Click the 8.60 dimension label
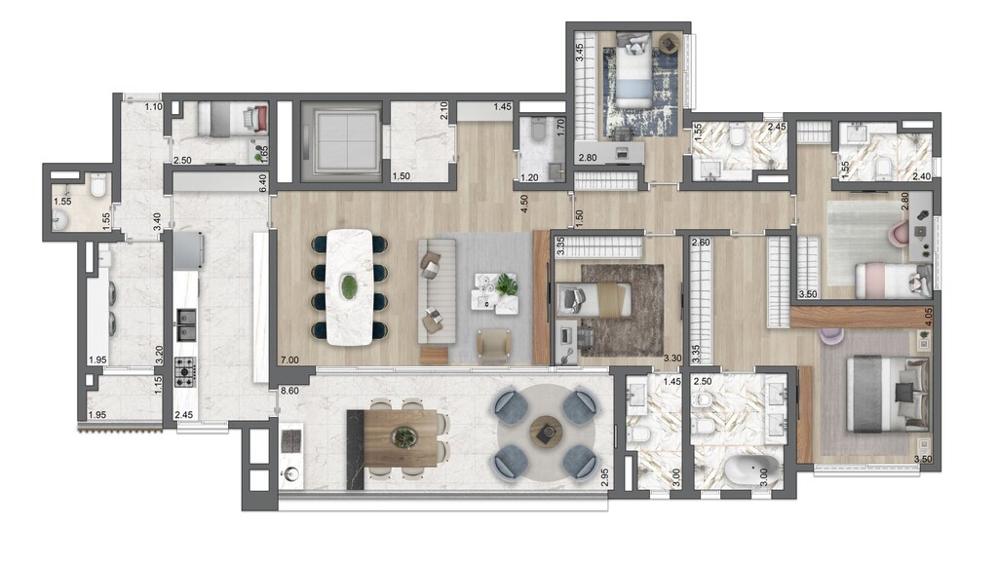click(x=290, y=391)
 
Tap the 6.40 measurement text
click(x=262, y=182)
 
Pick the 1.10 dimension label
click(x=152, y=106)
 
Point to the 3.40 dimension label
click(x=156, y=220)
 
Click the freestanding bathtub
click(x=750, y=472)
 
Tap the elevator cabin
click(x=340, y=139)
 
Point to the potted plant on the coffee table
click(x=506, y=284)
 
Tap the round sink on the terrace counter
click(x=290, y=475)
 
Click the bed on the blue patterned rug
click(x=633, y=72)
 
